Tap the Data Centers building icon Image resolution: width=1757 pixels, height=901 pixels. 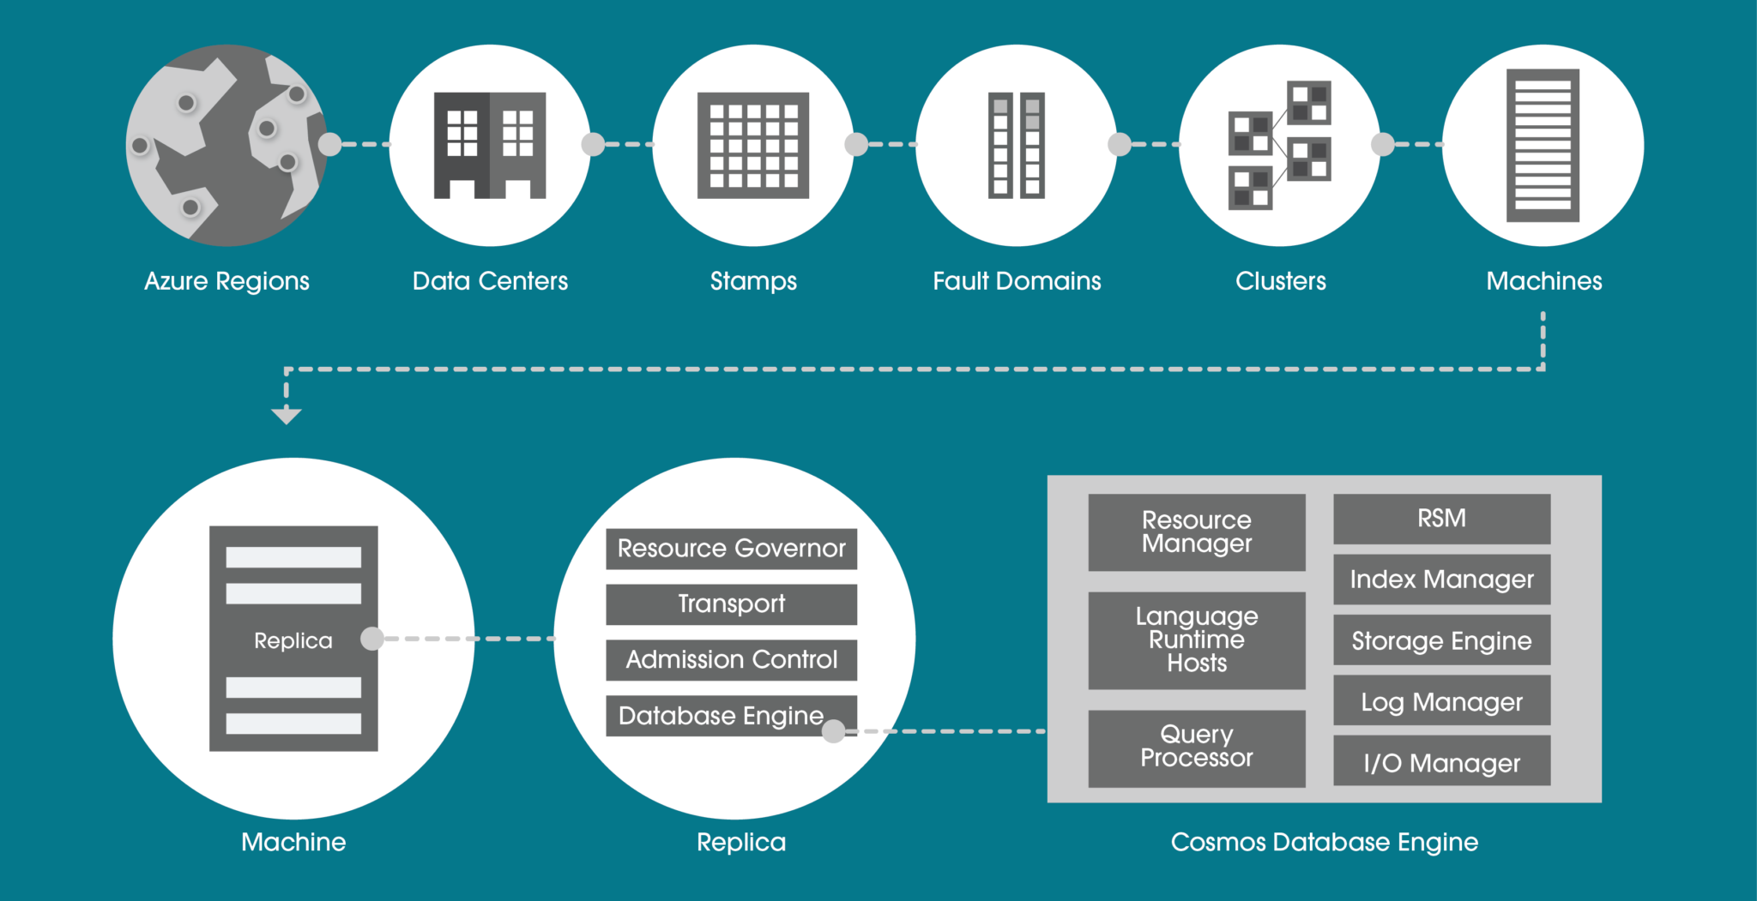(490, 145)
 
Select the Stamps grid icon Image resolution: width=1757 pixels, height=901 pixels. (753, 145)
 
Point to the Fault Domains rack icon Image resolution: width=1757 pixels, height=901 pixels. (1017, 145)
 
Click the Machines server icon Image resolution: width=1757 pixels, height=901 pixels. (1543, 145)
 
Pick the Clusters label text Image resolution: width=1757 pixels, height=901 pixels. (1280, 281)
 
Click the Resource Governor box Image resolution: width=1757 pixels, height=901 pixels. (731, 549)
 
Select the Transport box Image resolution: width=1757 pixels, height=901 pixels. (731, 604)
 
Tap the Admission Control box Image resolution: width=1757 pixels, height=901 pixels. (731, 659)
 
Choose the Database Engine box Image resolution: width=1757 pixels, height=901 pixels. (721, 715)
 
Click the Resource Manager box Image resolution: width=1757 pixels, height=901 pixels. (1197, 532)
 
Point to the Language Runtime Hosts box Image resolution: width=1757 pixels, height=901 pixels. (1197, 640)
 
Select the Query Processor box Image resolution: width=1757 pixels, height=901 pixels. (1197, 748)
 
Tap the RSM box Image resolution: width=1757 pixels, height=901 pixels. (1441, 519)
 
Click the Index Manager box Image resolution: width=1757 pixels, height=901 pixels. (1441, 580)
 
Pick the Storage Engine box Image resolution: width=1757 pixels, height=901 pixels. (1441, 640)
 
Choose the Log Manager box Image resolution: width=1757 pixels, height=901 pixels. (1441, 701)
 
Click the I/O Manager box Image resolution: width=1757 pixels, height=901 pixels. (1441, 761)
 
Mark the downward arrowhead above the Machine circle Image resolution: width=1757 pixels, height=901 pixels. (286, 416)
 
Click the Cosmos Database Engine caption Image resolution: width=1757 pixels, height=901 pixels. (1324, 842)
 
